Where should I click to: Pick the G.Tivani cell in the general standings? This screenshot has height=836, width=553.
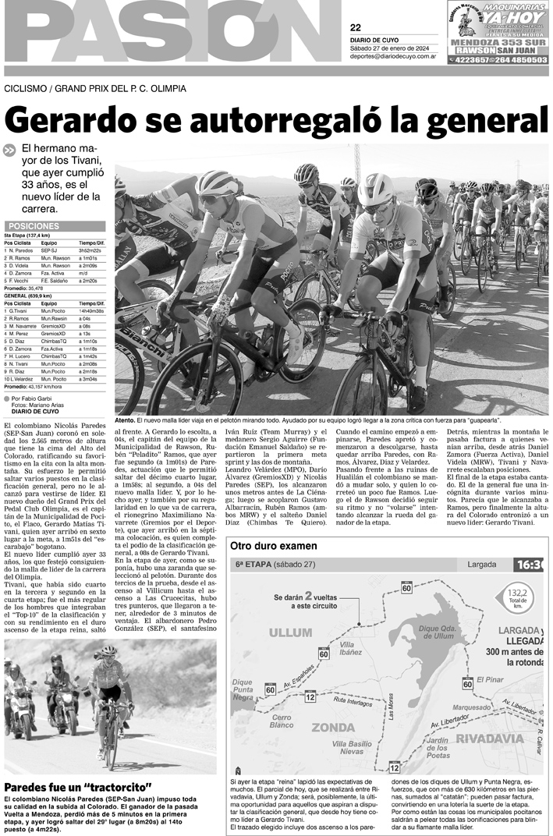pyautogui.click(x=21, y=310)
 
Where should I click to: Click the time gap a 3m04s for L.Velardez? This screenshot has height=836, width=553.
pyautogui.click(x=89, y=379)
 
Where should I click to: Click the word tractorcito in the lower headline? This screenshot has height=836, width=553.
pyautogui.click(x=115, y=788)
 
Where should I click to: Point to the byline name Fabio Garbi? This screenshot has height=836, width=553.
pyautogui.click(x=44, y=398)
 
